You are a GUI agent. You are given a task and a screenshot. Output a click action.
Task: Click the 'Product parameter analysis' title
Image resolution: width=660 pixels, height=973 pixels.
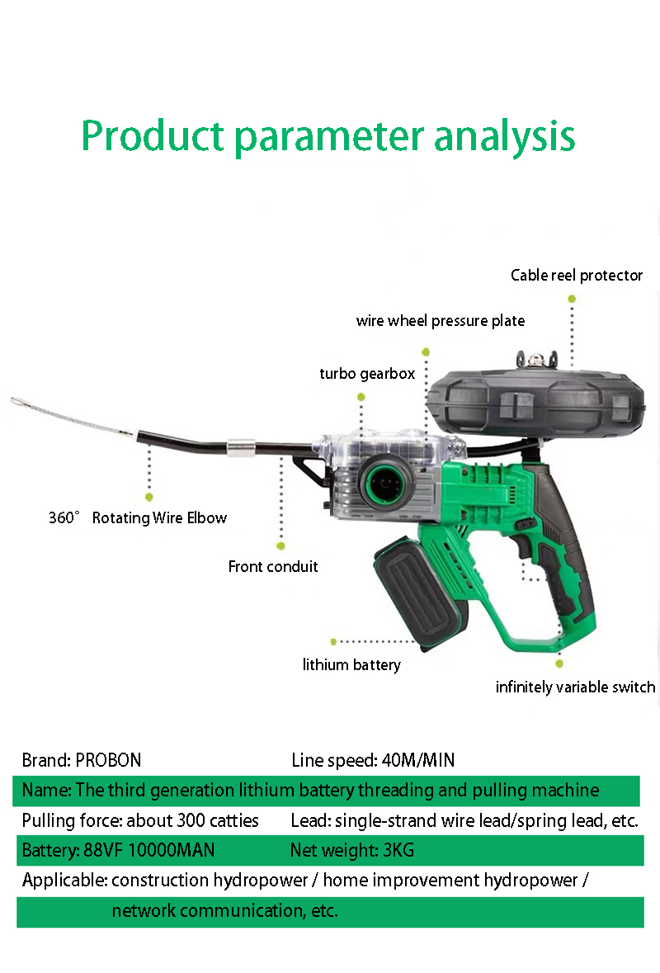[x=328, y=136]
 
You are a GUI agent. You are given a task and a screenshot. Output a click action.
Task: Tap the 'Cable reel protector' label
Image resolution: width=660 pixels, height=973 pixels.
[x=576, y=275]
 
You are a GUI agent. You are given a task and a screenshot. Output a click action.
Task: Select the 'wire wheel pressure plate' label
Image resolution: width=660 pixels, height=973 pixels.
[x=441, y=321]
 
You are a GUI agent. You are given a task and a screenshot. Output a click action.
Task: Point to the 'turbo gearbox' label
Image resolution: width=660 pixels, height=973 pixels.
[x=367, y=374]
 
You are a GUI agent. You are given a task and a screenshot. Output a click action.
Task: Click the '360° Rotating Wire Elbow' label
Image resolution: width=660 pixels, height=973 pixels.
[x=138, y=517]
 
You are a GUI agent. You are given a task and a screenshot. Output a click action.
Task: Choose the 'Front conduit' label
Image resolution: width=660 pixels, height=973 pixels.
[x=273, y=566]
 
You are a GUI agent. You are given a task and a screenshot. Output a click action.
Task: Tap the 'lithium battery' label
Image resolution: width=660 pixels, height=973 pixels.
[x=351, y=664]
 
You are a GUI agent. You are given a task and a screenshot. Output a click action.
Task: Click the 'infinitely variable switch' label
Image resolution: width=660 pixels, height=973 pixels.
[x=575, y=687]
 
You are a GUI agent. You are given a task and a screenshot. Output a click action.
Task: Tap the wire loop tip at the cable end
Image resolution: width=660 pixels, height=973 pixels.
[x=17, y=401]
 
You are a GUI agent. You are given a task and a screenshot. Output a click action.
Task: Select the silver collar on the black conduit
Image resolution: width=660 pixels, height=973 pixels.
[x=241, y=447]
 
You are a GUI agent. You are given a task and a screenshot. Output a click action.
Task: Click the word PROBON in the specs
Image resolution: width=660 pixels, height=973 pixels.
[x=109, y=760]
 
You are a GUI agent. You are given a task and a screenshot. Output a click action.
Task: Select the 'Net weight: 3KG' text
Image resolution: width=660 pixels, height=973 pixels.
[x=352, y=850]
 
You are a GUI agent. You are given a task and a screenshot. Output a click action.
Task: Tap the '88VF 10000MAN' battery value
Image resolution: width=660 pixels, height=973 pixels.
[x=148, y=850]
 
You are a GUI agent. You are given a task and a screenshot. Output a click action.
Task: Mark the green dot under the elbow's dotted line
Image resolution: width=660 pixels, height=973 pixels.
[x=148, y=497]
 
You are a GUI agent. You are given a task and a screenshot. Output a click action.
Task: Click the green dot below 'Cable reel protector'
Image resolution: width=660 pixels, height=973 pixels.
[x=572, y=299]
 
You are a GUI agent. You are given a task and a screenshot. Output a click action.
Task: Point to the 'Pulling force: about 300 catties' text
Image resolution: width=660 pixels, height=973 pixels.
[x=140, y=820]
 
